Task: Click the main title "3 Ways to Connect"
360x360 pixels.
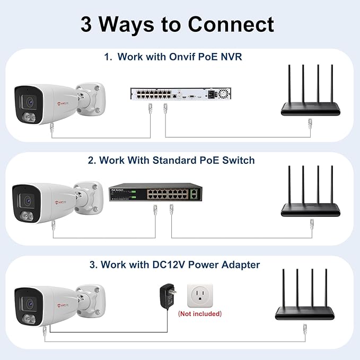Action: pos(177,24)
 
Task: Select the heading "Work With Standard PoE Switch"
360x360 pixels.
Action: pos(177,160)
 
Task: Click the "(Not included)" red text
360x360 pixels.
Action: pos(200,314)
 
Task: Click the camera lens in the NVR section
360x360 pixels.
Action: pos(28,100)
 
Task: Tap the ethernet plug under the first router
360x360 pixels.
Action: pos(310,124)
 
